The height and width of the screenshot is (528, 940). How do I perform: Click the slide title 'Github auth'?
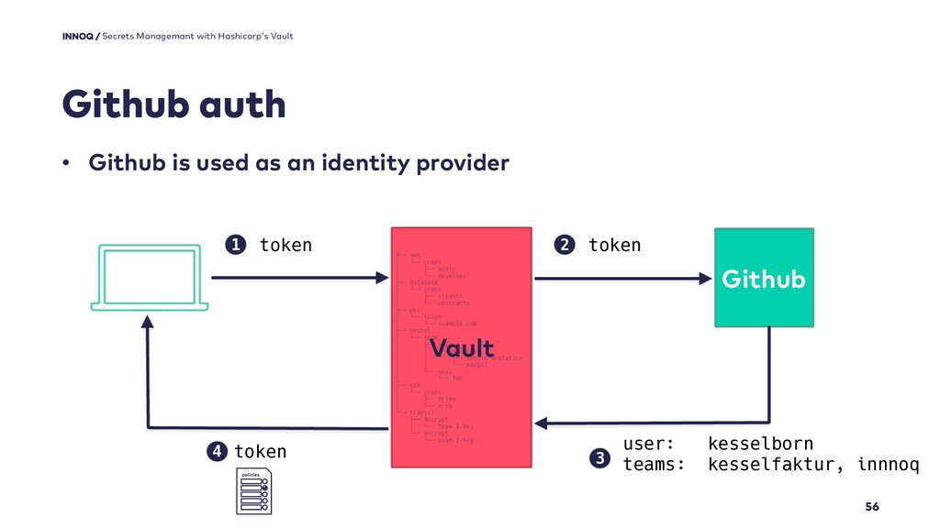click(173, 106)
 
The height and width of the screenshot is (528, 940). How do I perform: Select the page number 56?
click(872, 507)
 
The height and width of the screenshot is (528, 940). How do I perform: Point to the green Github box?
click(764, 278)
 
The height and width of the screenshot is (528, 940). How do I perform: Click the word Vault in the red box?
click(462, 349)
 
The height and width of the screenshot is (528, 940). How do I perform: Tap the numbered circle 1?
click(236, 245)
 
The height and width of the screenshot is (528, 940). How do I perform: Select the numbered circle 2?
click(565, 245)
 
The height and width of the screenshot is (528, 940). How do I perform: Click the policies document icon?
click(254, 491)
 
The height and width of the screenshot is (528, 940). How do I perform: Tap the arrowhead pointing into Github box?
click(708, 278)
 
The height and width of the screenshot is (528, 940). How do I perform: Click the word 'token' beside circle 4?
click(260, 452)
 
